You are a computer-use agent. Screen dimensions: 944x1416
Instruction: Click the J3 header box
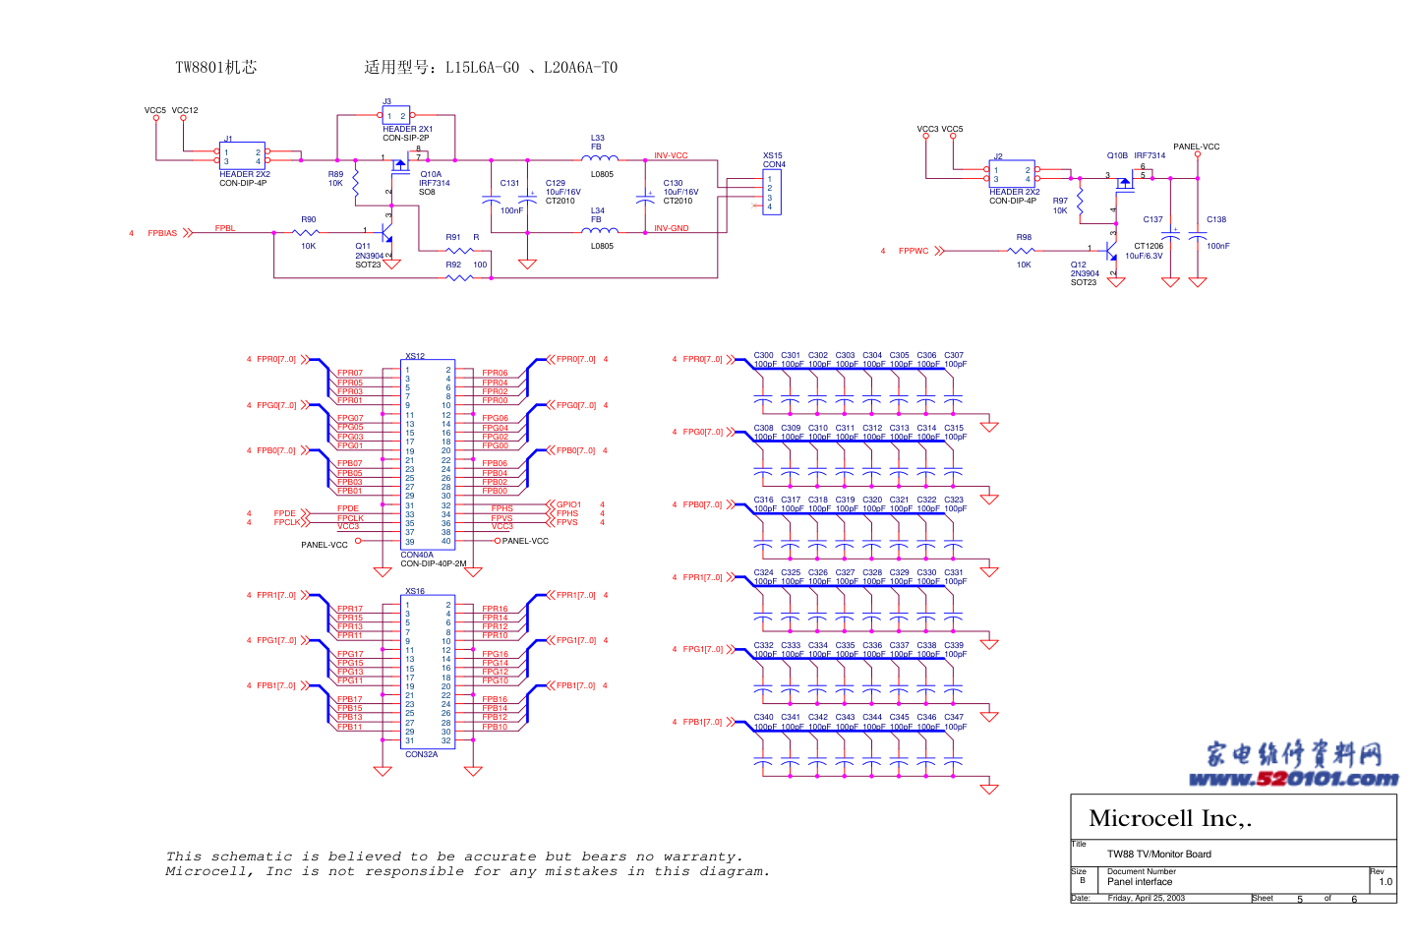click(x=395, y=115)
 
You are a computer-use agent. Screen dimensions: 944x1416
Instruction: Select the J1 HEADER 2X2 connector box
click(x=242, y=156)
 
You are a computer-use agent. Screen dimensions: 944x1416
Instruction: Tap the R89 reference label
click(x=335, y=174)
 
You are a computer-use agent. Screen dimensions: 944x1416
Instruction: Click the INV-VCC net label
click(x=671, y=155)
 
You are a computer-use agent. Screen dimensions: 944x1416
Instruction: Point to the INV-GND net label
click(x=671, y=228)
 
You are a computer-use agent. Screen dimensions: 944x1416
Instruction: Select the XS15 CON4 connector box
click(x=772, y=193)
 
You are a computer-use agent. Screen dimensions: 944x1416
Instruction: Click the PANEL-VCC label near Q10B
click(x=1196, y=147)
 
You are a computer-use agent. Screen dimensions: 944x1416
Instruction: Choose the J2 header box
click(x=1011, y=174)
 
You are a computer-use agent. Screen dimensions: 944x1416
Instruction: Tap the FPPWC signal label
click(x=913, y=251)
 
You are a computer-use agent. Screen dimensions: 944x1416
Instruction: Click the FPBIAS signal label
click(x=162, y=233)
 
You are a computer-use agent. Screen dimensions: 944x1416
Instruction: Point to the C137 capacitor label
click(x=1152, y=219)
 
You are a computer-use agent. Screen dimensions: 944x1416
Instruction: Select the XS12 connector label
click(x=415, y=356)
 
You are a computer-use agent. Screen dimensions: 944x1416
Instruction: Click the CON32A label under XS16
click(x=421, y=754)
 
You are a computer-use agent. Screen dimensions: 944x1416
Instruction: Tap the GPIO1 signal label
click(x=568, y=504)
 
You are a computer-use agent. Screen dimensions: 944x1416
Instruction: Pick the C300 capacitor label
click(x=763, y=355)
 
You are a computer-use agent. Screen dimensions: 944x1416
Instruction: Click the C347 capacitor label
click(x=954, y=717)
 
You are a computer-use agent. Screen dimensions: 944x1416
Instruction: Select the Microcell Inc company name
click(x=1169, y=818)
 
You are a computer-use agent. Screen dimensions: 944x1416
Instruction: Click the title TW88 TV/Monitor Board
click(x=1158, y=854)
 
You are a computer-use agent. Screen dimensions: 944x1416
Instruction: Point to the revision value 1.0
click(x=1385, y=882)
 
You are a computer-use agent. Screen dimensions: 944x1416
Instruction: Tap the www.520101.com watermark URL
click(x=1292, y=779)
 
